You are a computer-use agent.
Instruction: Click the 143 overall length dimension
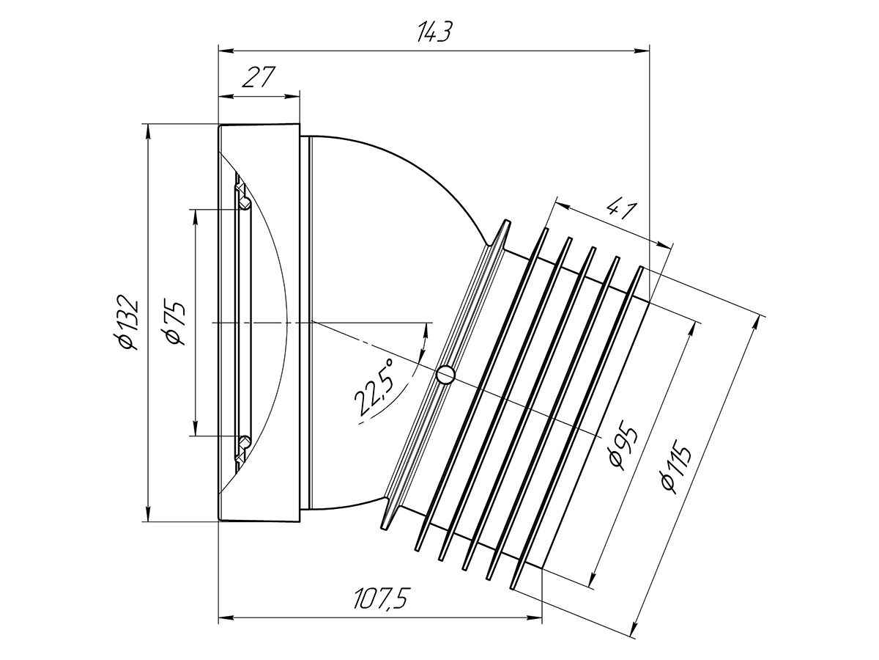pos(434,32)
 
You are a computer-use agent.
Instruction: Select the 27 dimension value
pos(259,77)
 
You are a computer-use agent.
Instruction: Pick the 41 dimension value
pos(621,209)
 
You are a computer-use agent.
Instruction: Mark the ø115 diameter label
pos(676,467)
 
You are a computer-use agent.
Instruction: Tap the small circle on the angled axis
pos(445,374)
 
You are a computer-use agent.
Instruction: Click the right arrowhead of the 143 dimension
pos(642,51)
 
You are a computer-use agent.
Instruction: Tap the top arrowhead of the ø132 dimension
pos(148,131)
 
